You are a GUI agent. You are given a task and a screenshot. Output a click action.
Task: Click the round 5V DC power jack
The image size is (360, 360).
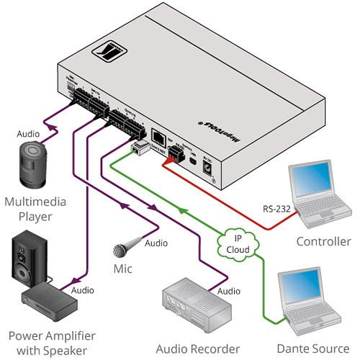click(210, 168)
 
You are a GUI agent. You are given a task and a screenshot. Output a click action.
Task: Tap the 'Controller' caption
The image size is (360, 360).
click(323, 241)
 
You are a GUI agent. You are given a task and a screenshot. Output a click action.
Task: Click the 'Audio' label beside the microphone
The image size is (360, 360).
click(156, 243)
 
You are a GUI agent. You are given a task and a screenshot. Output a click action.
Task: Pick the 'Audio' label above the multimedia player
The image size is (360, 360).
click(30, 134)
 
